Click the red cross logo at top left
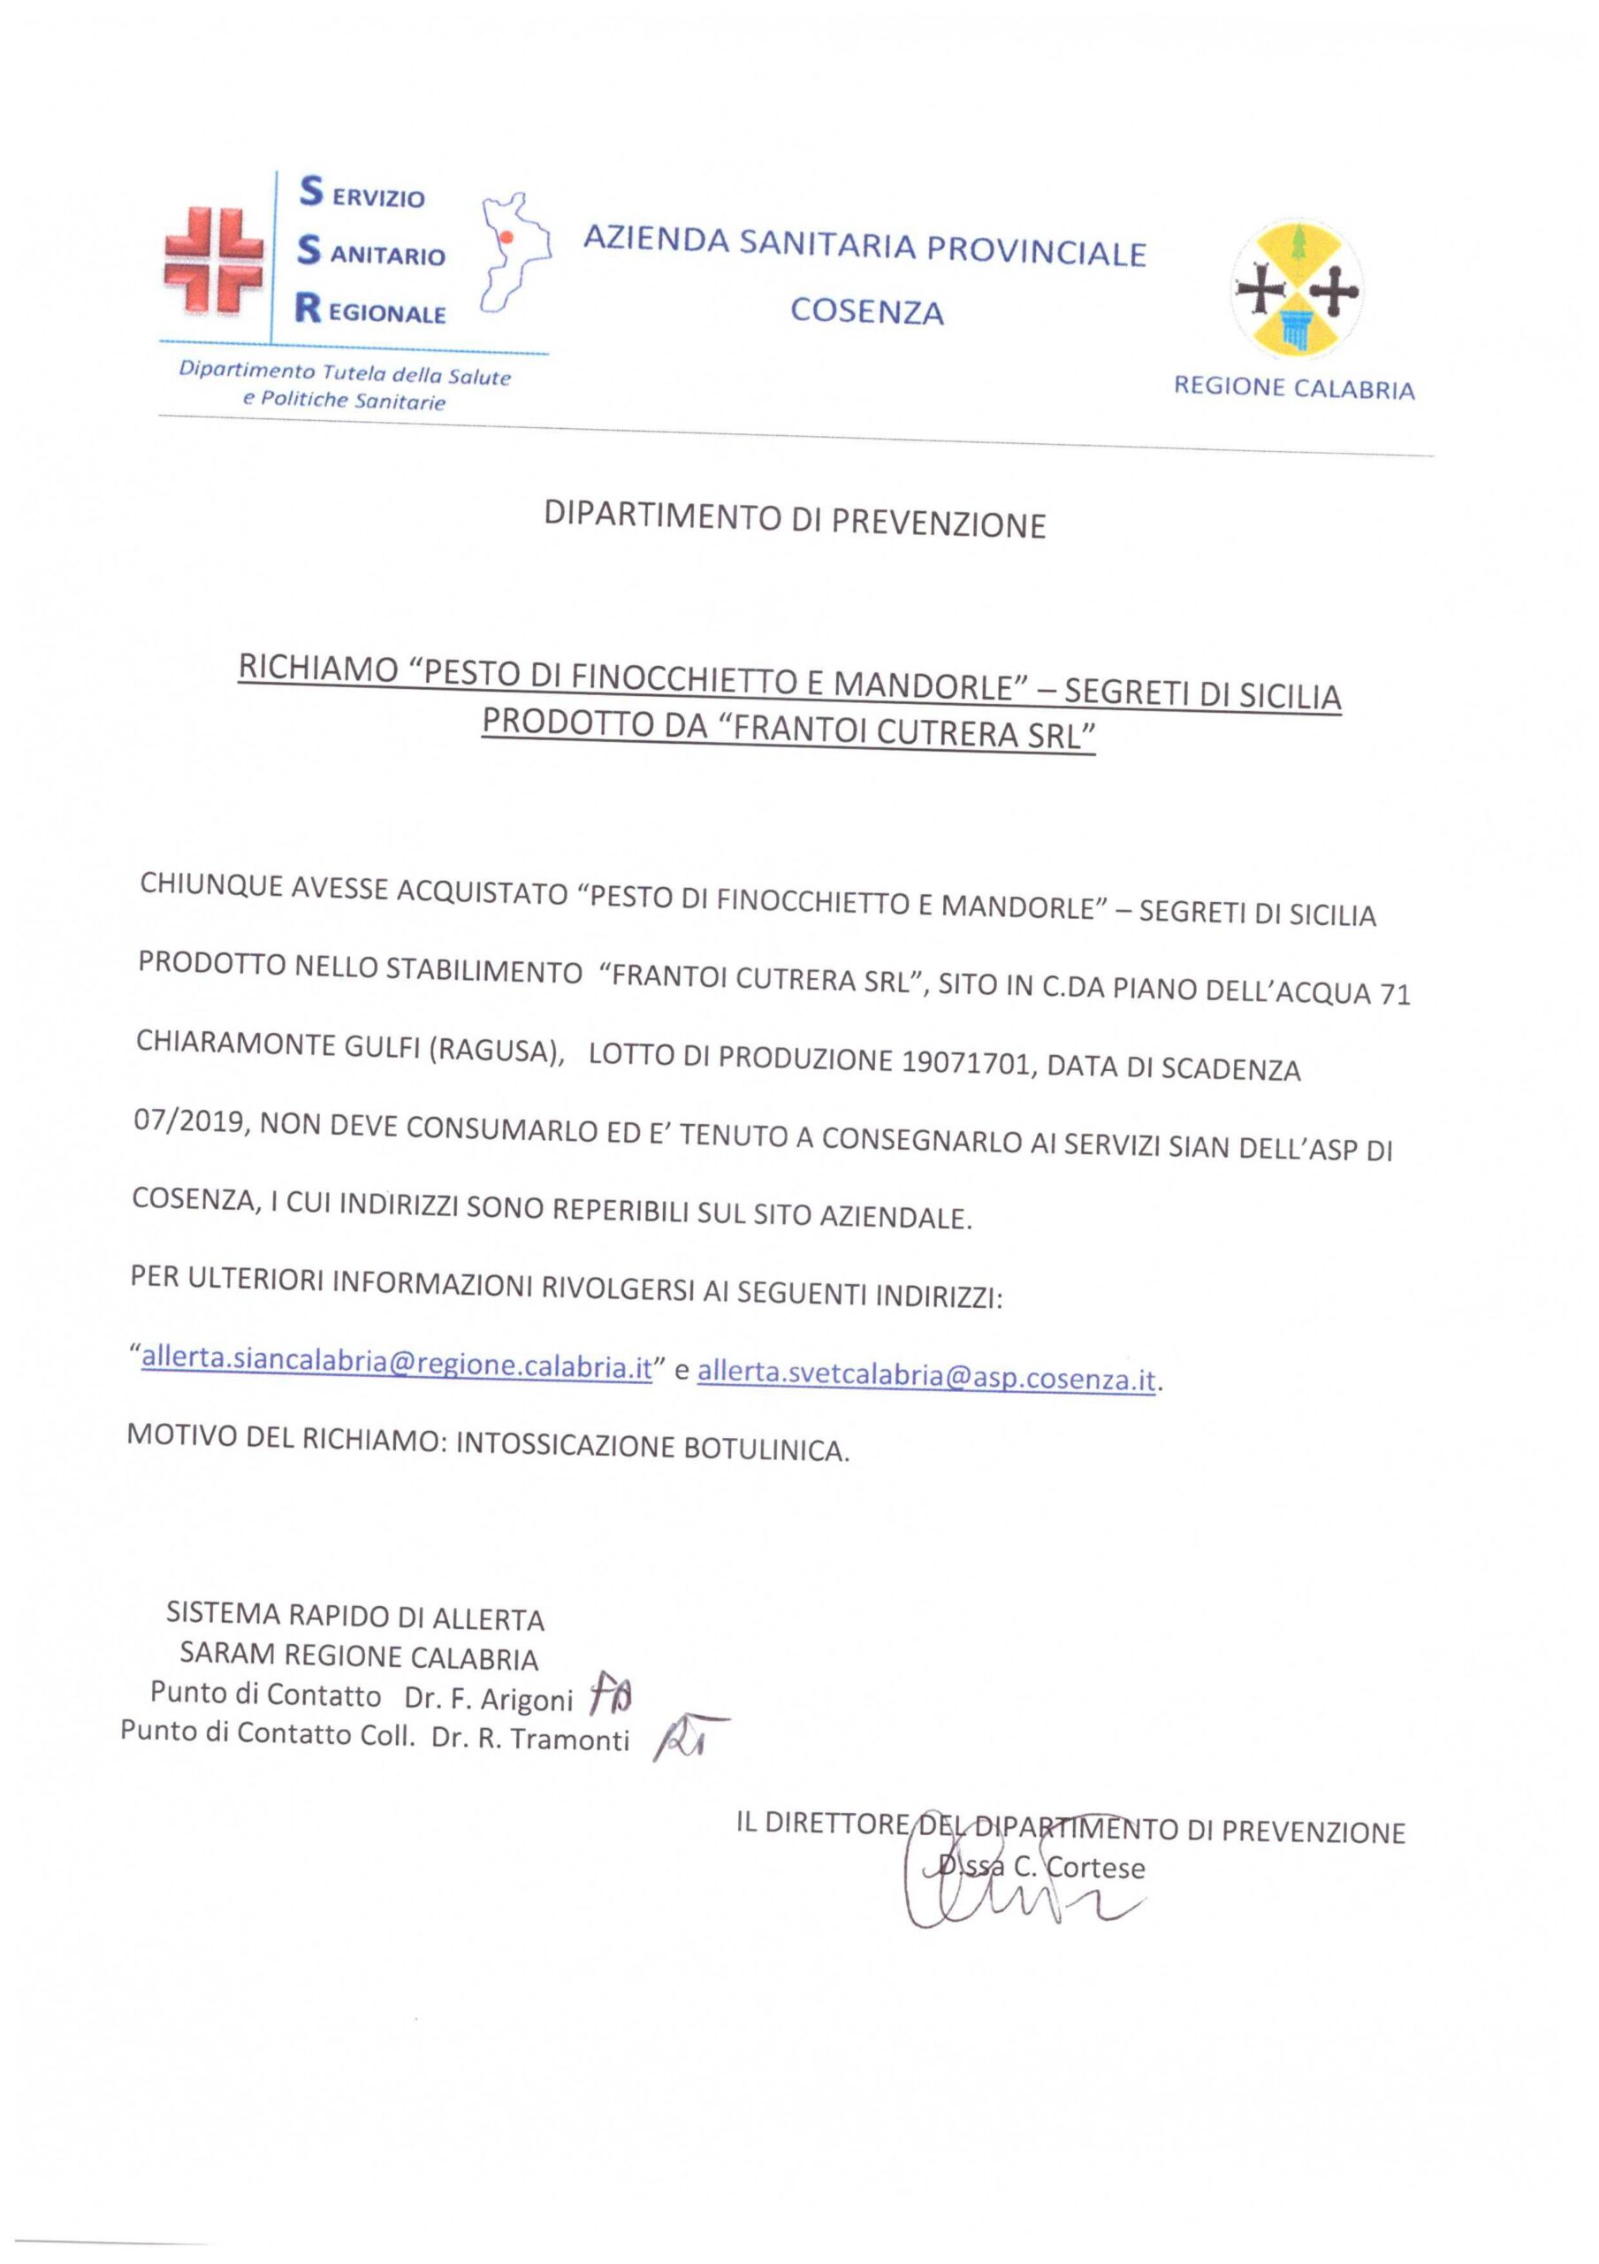(214, 260)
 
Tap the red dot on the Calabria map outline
(506, 238)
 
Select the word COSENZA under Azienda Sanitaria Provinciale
(866, 311)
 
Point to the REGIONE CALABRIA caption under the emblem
(1293, 388)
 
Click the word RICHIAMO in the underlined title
(316, 670)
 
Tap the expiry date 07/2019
(188, 1122)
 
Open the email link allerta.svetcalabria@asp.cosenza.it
(925, 1377)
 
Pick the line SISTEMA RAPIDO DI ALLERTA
(355, 1616)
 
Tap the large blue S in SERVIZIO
(310, 191)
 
